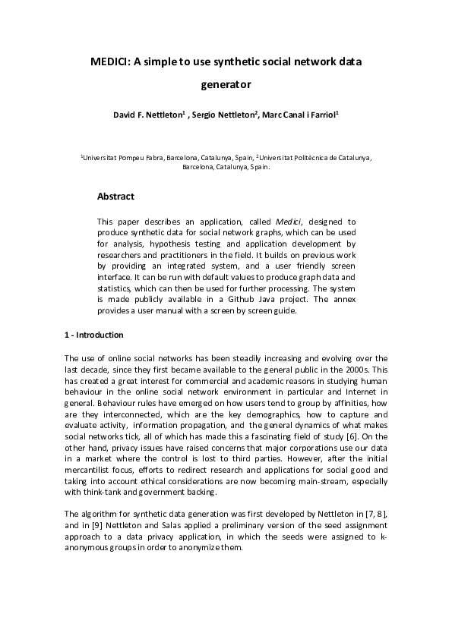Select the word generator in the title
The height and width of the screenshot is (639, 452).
226,86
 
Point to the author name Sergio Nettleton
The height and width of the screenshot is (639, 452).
222,115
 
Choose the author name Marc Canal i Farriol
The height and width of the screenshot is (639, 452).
299,115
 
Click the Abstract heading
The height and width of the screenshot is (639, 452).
115,196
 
